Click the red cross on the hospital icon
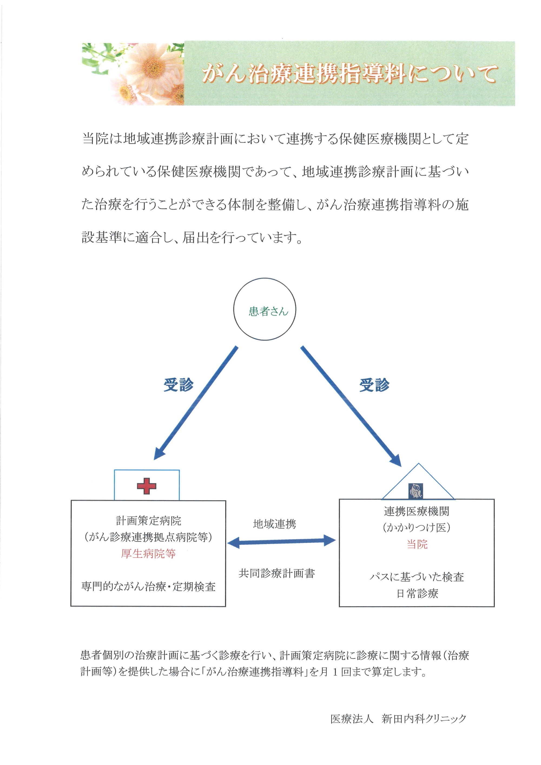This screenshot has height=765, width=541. click(x=147, y=486)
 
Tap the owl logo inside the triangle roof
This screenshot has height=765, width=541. click(x=416, y=491)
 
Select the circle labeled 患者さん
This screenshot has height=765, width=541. click(x=265, y=309)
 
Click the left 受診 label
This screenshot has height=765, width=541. click(x=179, y=385)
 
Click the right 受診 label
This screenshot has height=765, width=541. click(x=374, y=385)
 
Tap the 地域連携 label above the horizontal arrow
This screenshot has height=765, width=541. click(x=275, y=524)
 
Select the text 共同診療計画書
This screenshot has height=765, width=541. click(x=277, y=573)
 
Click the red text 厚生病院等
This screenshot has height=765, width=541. click(x=148, y=554)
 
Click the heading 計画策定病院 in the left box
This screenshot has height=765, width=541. click(x=149, y=521)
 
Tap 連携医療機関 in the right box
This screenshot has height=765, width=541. click(x=416, y=511)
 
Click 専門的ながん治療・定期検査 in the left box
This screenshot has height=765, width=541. click(x=149, y=586)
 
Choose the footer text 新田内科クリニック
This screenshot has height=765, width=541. click(x=424, y=719)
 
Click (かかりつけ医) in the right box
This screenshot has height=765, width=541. click(x=416, y=527)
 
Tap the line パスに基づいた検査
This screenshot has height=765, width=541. click(x=417, y=577)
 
